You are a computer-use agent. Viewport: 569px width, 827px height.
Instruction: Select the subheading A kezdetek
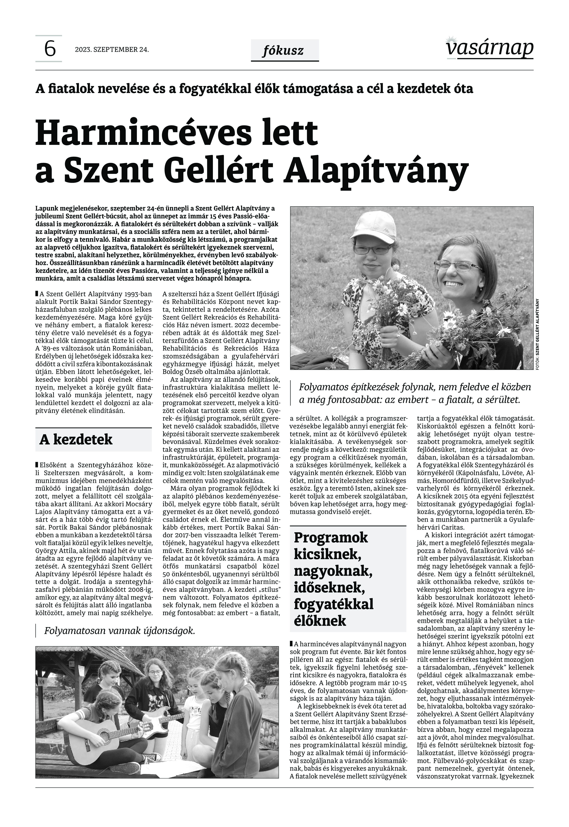click(x=76, y=440)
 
